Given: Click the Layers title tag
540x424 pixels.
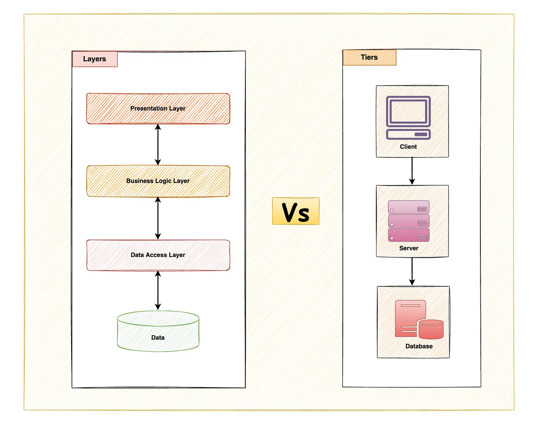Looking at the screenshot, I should pyautogui.click(x=95, y=59).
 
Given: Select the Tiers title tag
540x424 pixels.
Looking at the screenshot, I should pyautogui.click(x=369, y=57).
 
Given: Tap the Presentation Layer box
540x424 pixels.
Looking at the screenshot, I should pyautogui.click(x=158, y=109).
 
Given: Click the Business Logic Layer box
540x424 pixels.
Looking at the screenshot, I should pyautogui.click(x=158, y=181).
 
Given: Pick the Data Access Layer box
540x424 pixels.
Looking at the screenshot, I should pyautogui.click(x=158, y=255).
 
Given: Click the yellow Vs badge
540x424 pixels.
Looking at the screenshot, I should pyautogui.click(x=295, y=211).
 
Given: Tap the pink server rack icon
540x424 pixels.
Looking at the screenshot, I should pyautogui.click(x=408, y=221).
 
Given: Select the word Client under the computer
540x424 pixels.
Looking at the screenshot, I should pyautogui.click(x=408, y=147).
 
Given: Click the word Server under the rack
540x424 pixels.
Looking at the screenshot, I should pyautogui.click(x=408, y=248).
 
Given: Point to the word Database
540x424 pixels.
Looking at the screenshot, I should pyautogui.click(x=419, y=346).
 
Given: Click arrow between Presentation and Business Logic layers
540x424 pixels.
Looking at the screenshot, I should pyautogui.click(x=158, y=145).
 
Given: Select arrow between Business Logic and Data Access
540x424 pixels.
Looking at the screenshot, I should pyautogui.click(x=158, y=218).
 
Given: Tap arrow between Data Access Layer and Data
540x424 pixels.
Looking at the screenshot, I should pyautogui.click(x=158, y=290).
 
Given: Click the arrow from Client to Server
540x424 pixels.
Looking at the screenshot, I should pyautogui.click(x=412, y=171).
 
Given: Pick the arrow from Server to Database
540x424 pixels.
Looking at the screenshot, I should pyautogui.click(x=412, y=271).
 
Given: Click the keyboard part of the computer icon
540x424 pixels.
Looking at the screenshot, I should pyautogui.click(x=408, y=134).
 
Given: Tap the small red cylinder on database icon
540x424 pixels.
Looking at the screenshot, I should pyautogui.click(x=431, y=329).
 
